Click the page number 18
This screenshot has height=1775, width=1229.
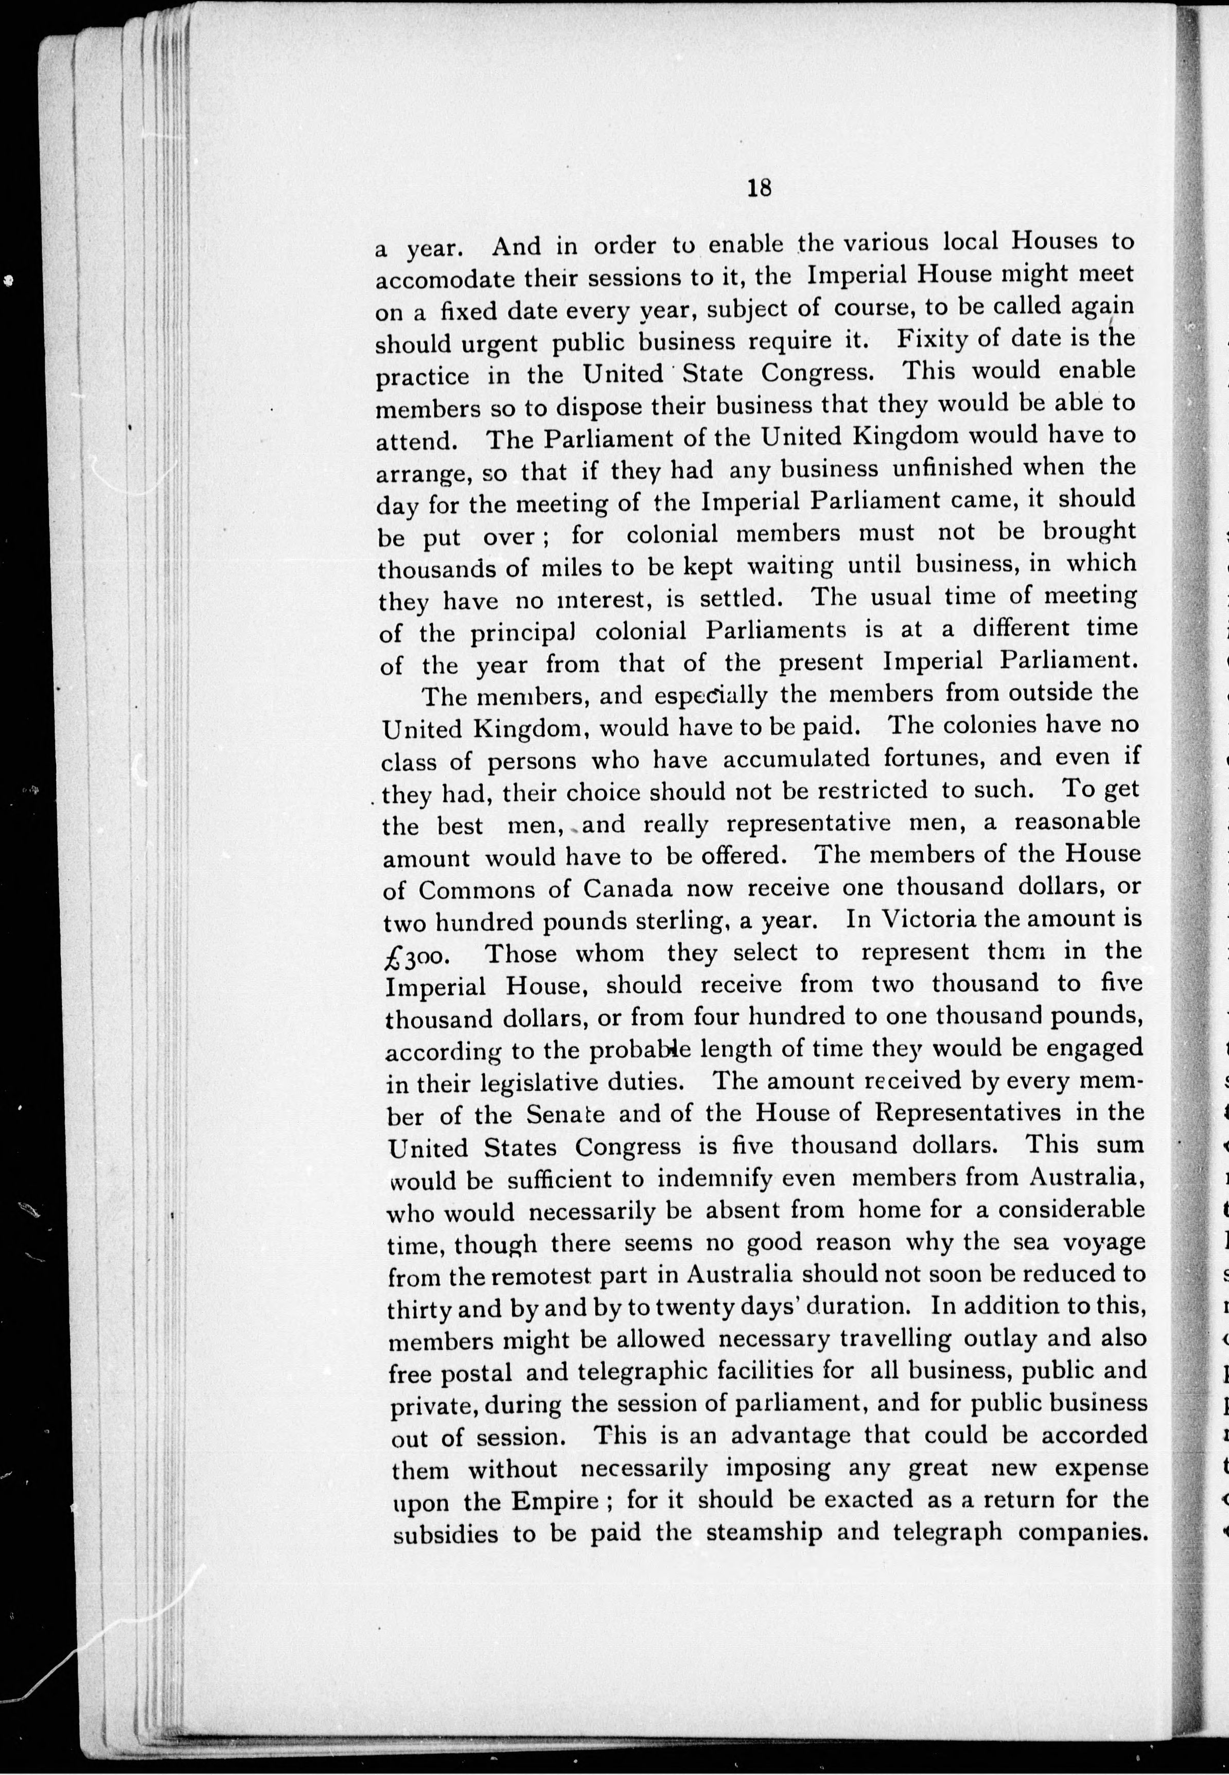[759, 188]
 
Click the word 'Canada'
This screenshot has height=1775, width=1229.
[627, 888]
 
